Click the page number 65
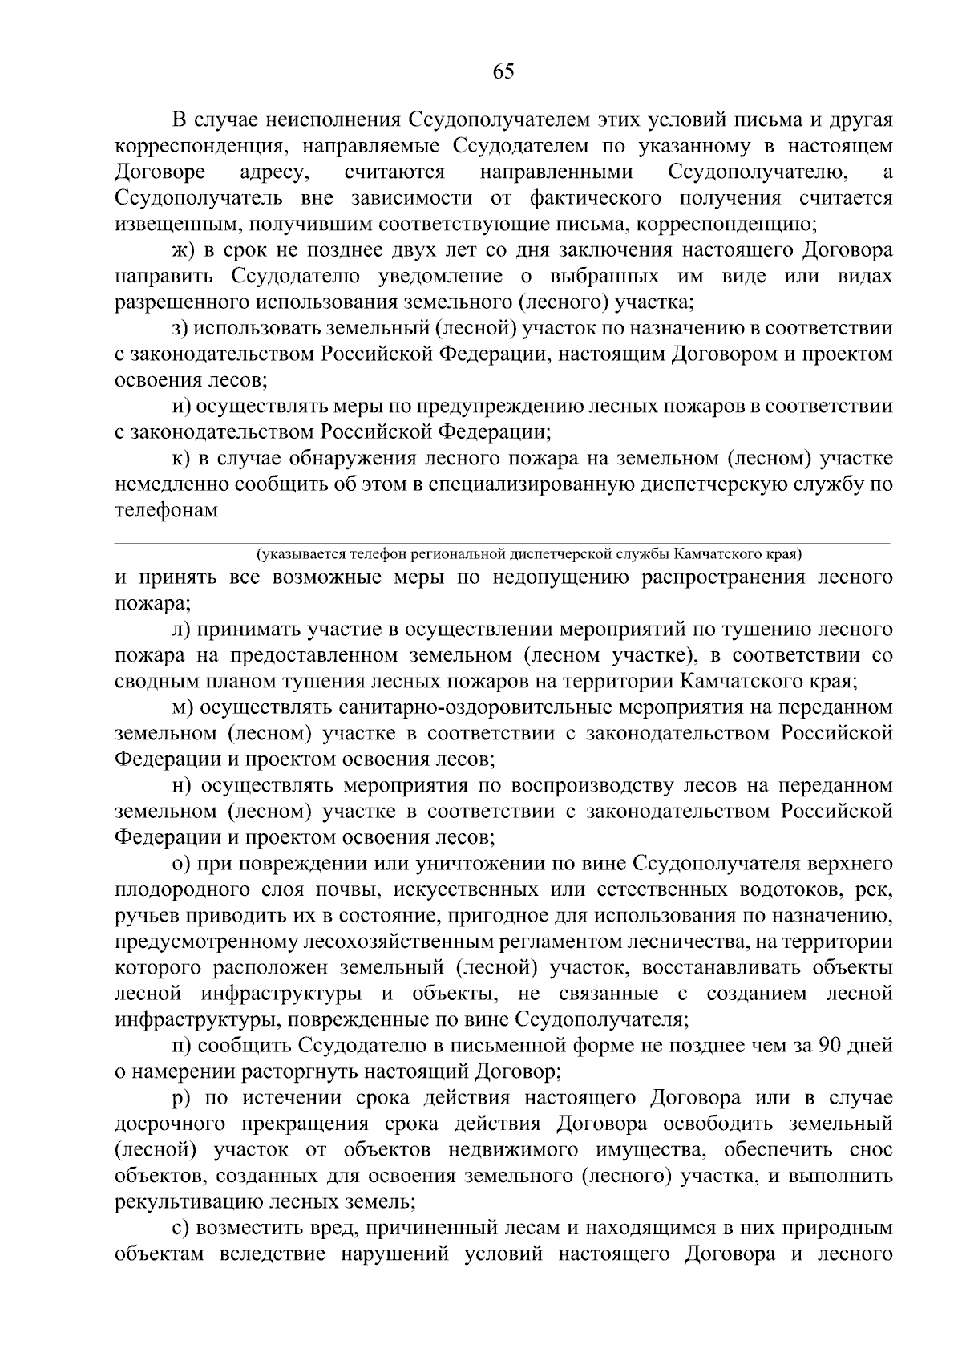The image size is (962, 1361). click(x=503, y=72)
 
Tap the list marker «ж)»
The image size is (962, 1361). click(x=184, y=250)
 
